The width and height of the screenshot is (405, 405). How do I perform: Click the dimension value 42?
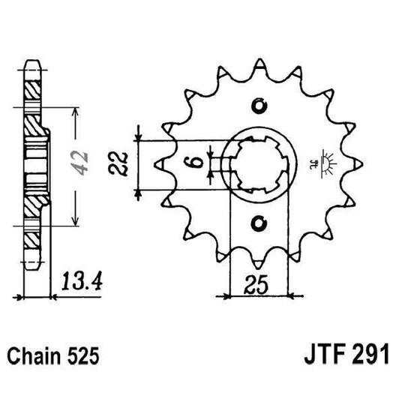(85, 159)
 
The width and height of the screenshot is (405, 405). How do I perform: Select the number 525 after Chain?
(81, 352)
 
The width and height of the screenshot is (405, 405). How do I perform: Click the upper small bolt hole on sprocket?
(259, 104)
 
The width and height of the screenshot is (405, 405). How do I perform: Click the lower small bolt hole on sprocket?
(259, 222)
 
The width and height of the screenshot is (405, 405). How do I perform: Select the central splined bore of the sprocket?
(259, 163)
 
